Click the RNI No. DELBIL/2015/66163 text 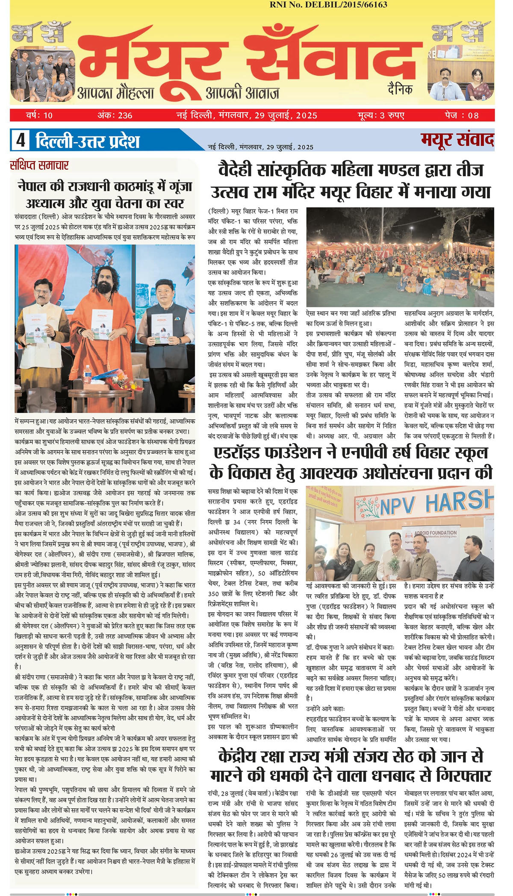pyautogui.click(x=328, y=5)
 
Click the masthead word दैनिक pyautogui.click(x=400, y=89)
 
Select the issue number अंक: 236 pyautogui.click(x=115, y=115)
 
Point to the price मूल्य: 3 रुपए pyautogui.click(x=381, y=115)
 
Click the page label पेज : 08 pyautogui.click(x=462, y=115)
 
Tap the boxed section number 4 pyautogui.click(x=21, y=140)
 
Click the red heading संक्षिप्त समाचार pyautogui.click(x=39, y=165)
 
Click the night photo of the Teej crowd pyautogui.click(x=400, y=256)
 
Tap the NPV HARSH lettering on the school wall pyautogui.click(x=436, y=503)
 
